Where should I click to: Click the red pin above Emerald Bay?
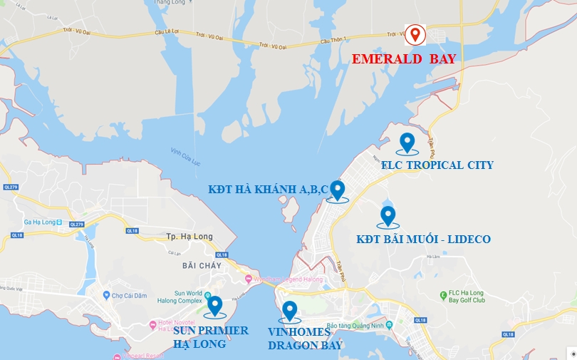(x=415, y=33)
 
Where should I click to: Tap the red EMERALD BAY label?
(x=403, y=59)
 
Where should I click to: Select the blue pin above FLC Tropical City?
(x=407, y=143)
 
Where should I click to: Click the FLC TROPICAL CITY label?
(x=437, y=165)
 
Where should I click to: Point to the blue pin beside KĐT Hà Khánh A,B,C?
(x=338, y=190)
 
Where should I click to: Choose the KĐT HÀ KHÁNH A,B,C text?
(x=268, y=190)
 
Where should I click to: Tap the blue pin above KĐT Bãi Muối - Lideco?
(x=388, y=215)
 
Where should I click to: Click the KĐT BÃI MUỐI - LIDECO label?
(x=423, y=239)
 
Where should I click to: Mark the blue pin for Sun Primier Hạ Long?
(x=214, y=306)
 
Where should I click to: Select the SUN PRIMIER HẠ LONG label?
(x=211, y=337)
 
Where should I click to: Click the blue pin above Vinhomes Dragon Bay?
(x=289, y=311)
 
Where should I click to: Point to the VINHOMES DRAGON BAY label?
(x=305, y=339)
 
